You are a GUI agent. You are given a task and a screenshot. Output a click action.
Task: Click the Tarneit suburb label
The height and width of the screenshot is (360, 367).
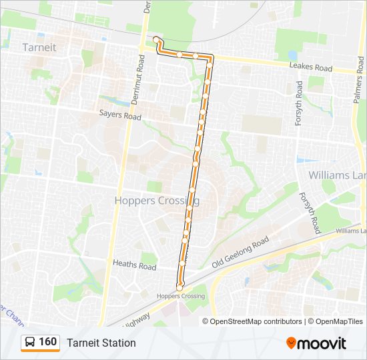[x=39, y=47]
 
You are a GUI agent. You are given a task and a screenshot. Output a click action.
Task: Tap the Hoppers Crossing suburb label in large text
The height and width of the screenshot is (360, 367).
[x=157, y=200]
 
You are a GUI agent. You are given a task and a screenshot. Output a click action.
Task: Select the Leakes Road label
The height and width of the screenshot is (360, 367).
[x=310, y=68]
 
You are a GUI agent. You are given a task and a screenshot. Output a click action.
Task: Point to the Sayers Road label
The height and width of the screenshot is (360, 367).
[x=120, y=116]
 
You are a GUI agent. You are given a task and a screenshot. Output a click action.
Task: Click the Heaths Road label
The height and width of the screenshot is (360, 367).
[x=134, y=266]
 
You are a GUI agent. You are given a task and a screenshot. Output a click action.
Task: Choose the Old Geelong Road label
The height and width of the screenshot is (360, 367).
[x=240, y=253]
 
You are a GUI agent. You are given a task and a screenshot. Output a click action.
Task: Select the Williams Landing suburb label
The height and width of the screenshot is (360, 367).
[x=337, y=175]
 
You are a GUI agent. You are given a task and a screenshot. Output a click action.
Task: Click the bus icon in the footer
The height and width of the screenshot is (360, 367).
[x=30, y=343]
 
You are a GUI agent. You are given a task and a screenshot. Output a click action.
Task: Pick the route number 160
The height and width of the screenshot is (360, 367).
[x=48, y=342]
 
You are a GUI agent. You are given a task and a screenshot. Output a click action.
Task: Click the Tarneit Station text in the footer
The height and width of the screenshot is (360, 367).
[x=101, y=343]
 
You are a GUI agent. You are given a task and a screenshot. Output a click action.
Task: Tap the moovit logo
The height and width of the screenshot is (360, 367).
[x=316, y=343]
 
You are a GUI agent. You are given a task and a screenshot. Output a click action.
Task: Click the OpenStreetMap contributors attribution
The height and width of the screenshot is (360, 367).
[x=256, y=321]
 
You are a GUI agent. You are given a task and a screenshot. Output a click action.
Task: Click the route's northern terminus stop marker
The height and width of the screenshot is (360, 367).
[x=156, y=39]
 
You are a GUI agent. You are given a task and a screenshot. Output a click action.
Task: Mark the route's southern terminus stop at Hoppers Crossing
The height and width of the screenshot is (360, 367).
[x=179, y=287]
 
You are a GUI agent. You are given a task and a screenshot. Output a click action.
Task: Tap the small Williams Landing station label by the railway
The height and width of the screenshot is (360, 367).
[x=351, y=231]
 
